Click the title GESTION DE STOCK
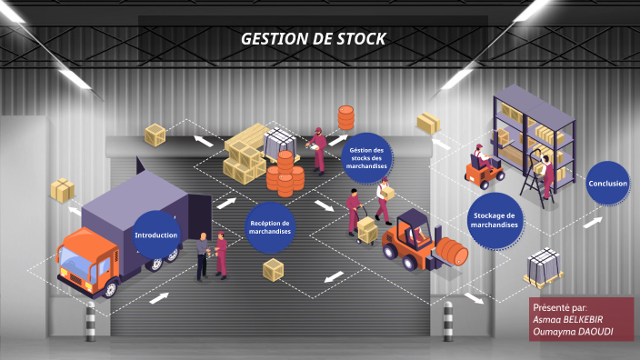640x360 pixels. point(313,38)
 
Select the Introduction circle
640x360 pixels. point(157,235)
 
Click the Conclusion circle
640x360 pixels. point(607,184)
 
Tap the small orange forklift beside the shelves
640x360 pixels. point(482,169)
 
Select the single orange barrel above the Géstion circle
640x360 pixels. point(345,118)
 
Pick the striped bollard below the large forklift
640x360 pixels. point(447,320)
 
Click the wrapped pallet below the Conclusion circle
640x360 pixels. point(544,266)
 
